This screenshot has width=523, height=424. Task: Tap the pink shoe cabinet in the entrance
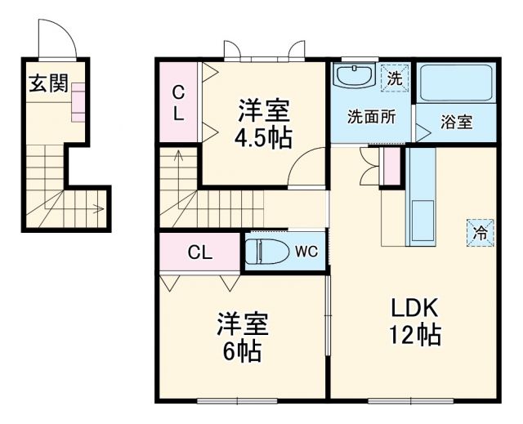(x=78, y=101)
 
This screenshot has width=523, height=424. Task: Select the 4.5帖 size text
(x=263, y=137)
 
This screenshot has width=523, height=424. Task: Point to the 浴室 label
(x=457, y=123)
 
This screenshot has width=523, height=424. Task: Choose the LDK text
(x=414, y=308)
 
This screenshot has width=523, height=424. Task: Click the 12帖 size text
(x=414, y=335)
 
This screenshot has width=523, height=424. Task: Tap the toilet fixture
(x=265, y=250)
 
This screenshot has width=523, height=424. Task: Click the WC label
(x=306, y=250)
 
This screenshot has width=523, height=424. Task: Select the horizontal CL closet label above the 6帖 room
(x=199, y=252)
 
